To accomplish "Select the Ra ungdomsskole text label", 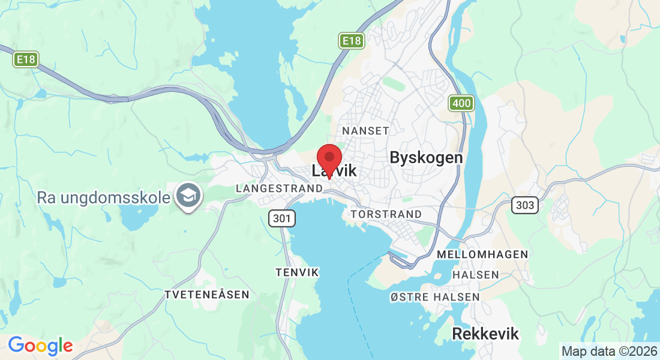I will (x=103, y=197).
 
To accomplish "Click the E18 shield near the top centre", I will (x=351, y=41).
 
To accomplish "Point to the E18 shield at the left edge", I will (x=26, y=59).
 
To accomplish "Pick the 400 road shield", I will (x=461, y=103).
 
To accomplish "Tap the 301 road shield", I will (x=281, y=218).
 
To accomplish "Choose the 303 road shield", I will (x=525, y=205).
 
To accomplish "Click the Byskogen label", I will (x=426, y=158).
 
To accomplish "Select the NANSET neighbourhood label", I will (x=365, y=130).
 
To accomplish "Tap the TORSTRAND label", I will (x=386, y=214).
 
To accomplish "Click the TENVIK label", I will (x=297, y=272).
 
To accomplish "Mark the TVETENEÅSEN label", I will (x=206, y=295).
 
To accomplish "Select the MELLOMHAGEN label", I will (x=483, y=254).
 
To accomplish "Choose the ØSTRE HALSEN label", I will (x=435, y=297).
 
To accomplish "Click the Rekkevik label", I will (x=485, y=334).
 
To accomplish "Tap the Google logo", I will (x=40, y=346).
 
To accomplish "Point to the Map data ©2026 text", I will (x=608, y=351).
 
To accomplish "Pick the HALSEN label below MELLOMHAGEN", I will (x=476, y=275).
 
